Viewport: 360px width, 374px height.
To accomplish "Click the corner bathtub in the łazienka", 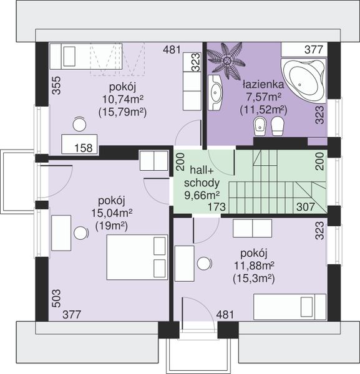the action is pyautogui.click(x=303, y=80).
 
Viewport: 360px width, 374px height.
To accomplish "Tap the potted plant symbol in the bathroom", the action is pyautogui.click(x=226, y=61).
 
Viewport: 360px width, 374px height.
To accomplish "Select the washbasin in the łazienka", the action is pyautogui.click(x=215, y=92).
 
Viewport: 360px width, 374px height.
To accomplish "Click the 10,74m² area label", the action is pyautogui.click(x=123, y=98).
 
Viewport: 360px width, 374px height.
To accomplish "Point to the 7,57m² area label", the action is pyautogui.click(x=263, y=97).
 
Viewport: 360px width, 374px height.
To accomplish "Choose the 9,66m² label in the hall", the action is pyautogui.click(x=202, y=195).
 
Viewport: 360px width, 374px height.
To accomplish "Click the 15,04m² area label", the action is pyautogui.click(x=112, y=213).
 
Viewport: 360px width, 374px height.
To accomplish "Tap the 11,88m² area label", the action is pyautogui.click(x=254, y=266).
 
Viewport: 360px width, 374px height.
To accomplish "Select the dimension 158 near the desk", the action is pyautogui.click(x=84, y=148).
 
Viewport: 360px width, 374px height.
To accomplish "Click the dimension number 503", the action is pyautogui.click(x=57, y=299).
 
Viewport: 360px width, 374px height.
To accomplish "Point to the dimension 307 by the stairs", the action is pyautogui.click(x=306, y=207).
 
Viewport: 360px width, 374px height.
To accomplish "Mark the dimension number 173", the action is pyautogui.click(x=216, y=207).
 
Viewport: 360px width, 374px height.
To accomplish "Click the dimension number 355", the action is pyautogui.click(x=57, y=85).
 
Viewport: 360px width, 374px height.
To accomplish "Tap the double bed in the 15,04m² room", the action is pyautogui.click(x=137, y=257).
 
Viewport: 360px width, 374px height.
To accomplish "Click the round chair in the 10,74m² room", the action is pyautogui.click(x=79, y=124).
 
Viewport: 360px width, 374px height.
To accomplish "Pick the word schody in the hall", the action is pyautogui.click(x=202, y=183).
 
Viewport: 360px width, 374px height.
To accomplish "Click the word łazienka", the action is pyautogui.click(x=263, y=84).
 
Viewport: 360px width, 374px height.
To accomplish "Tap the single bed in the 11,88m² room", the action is pyautogui.click(x=290, y=307).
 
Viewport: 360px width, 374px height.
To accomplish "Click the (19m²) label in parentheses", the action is pyautogui.click(x=112, y=226).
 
